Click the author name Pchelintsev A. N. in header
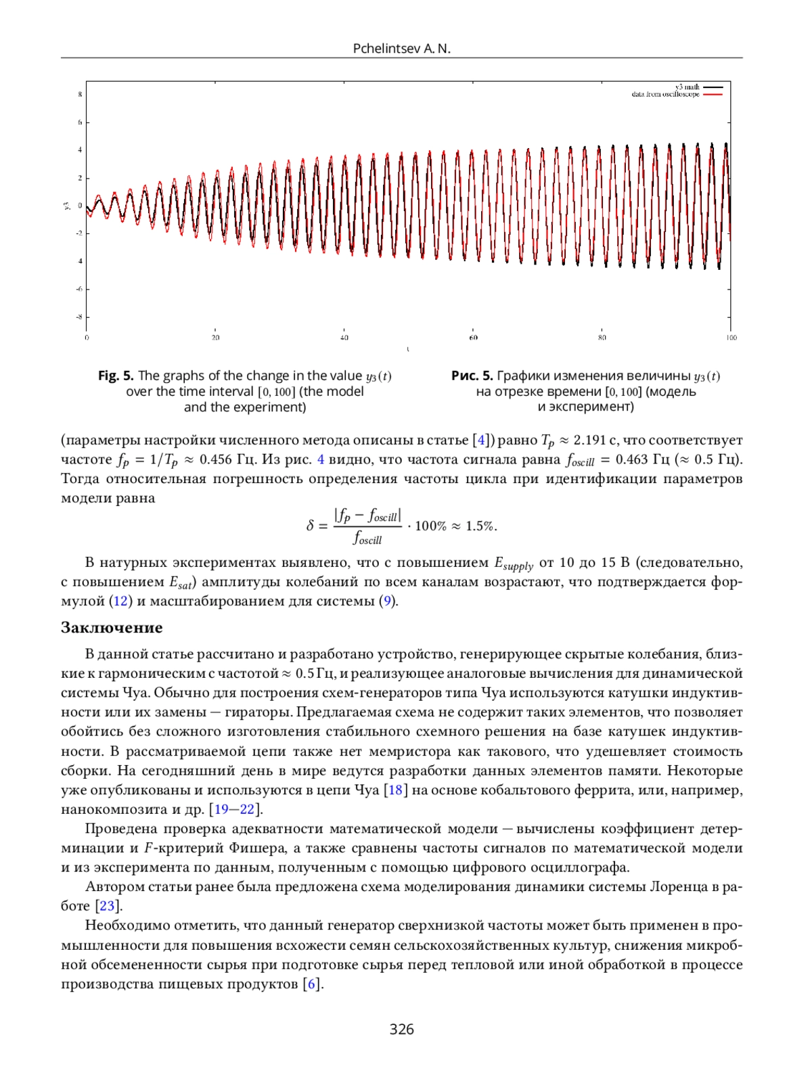[401, 48]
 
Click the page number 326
[401, 1029]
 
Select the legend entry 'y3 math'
[687, 87]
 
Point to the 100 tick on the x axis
[731, 337]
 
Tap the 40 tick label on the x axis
[344, 337]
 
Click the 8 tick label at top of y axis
[80, 94]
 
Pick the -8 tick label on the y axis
[79, 317]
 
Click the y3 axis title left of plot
[66, 206]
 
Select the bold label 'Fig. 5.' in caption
[116, 375]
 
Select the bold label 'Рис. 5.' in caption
[472, 375]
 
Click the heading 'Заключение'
[112, 627]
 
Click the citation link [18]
[395, 790]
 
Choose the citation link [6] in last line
[312, 984]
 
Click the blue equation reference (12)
[120, 601]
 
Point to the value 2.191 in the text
[589, 440]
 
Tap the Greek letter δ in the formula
[310, 526]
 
